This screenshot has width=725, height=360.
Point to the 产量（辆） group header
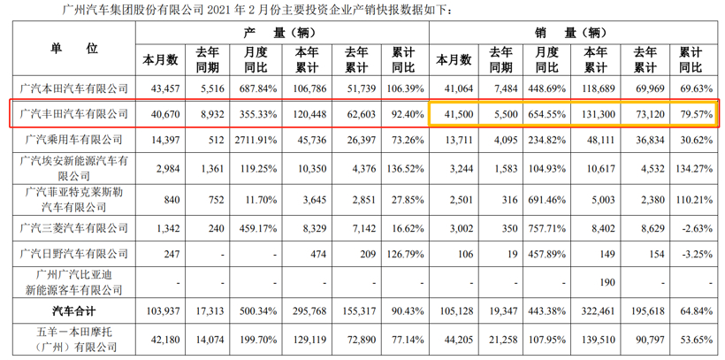pyautogui.click(x=280, y=33)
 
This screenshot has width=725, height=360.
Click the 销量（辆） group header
pyautogui.click(x=572, y=33)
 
